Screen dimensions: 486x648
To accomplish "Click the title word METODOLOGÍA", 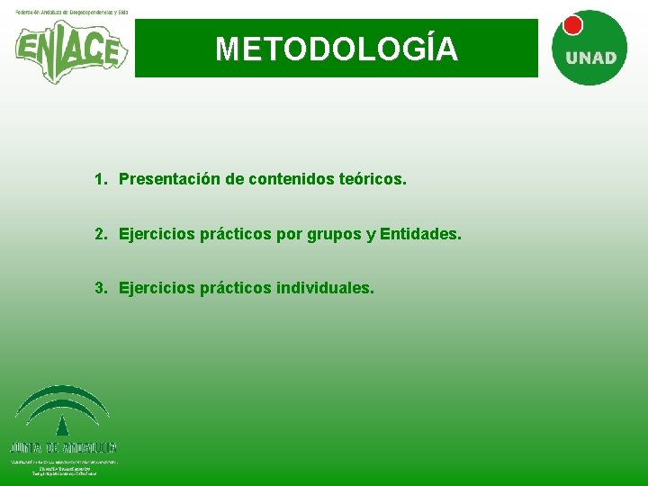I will point(337,49).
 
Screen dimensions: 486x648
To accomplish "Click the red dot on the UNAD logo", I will point(571,25).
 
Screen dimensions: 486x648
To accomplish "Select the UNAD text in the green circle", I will point(590,58).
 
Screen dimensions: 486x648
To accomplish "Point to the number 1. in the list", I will point(101,180).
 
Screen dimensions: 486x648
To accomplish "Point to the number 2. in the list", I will point(101,234).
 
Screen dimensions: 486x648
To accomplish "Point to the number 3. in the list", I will point(101,288).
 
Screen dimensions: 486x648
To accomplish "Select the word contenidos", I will point(290,180).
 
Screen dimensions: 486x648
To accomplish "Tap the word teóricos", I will point(373,180).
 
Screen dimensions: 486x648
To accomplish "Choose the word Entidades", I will point(420,234).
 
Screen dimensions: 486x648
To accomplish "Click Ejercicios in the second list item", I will point(157,234).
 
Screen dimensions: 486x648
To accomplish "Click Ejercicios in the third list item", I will point(157,288).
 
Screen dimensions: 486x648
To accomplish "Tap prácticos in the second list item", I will point(237,234).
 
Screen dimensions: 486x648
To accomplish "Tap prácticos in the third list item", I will point(237,288).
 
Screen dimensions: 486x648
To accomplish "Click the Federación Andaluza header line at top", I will point(71,12).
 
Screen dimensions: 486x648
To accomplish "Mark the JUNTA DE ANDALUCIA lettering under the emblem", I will point(64,447).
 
